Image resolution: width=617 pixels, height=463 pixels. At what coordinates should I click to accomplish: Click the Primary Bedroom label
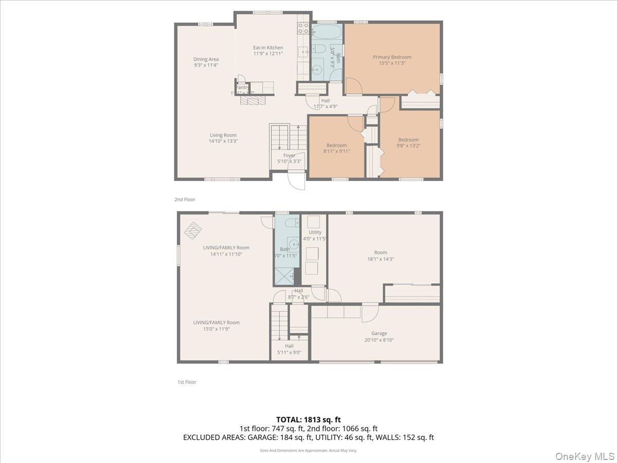(392, 57)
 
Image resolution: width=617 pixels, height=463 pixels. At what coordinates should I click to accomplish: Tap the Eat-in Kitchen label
(268, 48)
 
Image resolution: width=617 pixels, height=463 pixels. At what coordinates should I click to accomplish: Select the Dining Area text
(206, 59)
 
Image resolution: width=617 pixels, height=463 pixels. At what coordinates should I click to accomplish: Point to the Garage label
(379, 333)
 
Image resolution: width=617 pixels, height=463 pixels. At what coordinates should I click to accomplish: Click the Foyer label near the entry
(289, 155)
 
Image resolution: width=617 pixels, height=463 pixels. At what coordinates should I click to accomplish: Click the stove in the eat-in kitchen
(303, 29)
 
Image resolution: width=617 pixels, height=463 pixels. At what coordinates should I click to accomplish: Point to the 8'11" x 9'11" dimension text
(336, 151)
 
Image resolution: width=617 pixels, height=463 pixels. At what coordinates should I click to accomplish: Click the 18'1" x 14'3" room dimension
(380, 259)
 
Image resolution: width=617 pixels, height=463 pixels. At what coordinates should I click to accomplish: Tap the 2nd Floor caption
(185, 199)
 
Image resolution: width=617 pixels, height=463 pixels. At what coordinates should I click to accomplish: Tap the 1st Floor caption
(187, 382)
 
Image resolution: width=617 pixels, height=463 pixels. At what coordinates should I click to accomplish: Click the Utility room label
(315, 233)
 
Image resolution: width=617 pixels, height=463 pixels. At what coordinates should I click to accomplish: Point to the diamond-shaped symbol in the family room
(193, 230)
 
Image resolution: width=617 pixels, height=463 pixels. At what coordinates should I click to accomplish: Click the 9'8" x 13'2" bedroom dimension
(408, 146)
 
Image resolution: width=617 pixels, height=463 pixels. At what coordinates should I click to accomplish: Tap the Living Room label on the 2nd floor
(223, 135)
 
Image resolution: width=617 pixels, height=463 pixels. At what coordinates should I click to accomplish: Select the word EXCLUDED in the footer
(202, 437)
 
